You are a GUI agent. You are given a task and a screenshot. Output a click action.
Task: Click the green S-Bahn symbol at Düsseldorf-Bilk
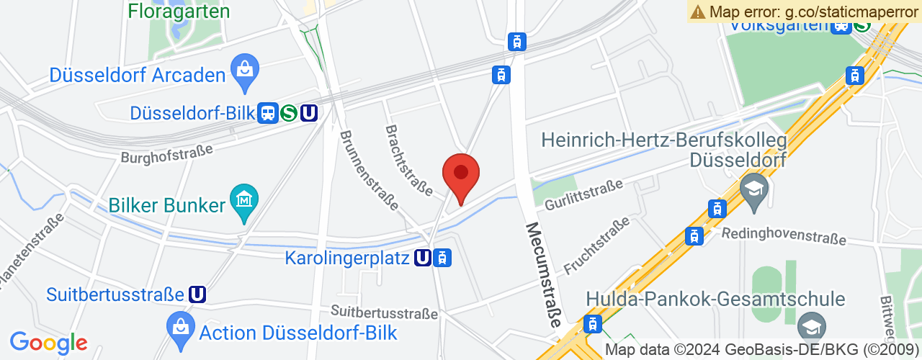point(289,113)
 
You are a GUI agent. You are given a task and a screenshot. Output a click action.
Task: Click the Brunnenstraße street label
point(368,170)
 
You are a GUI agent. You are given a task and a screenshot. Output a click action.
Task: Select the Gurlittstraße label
point(583,195)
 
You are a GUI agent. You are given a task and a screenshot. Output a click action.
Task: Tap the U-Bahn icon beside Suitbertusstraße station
point(197,294)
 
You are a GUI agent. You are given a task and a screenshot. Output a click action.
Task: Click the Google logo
point(48,343)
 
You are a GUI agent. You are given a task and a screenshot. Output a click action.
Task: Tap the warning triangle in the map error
point(697,12)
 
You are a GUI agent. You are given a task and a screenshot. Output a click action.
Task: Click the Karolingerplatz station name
point(348,257)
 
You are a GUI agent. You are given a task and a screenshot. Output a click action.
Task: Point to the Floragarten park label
point(179,12)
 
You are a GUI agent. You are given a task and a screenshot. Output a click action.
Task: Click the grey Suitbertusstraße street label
point(384,313)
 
